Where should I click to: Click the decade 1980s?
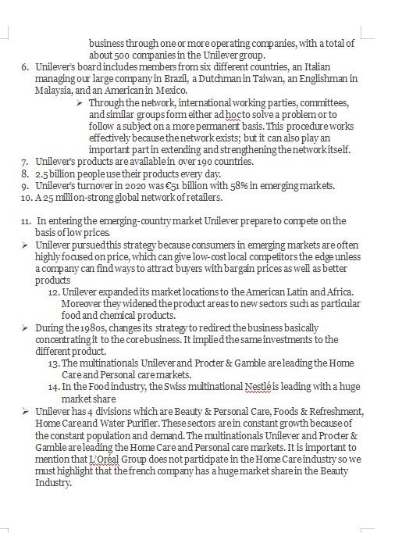105,328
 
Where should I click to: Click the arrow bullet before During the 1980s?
26,328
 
